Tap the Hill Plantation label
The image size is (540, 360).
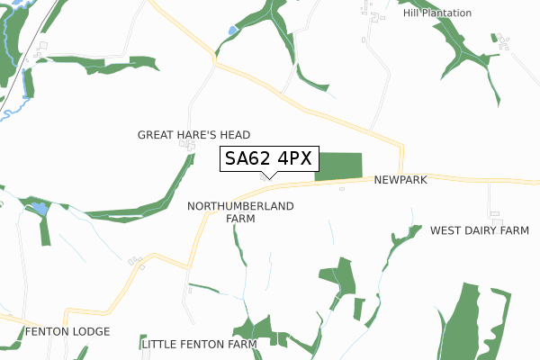tap(437, 13)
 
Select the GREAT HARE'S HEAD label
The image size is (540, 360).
tap(193, 135)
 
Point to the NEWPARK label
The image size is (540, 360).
tap(400, 180)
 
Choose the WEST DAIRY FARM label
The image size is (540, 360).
tap(479, 231)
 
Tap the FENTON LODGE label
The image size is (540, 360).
tap(67, 332)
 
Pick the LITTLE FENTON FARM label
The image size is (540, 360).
tap(199, 344)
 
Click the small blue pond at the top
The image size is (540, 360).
tap(233, 31)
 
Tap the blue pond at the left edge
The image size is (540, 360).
tap(39, 209)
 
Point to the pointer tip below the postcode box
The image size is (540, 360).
tap(268, 178)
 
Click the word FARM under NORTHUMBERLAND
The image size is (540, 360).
tap(240, 219)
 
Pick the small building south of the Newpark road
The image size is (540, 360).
tap(342, 189)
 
